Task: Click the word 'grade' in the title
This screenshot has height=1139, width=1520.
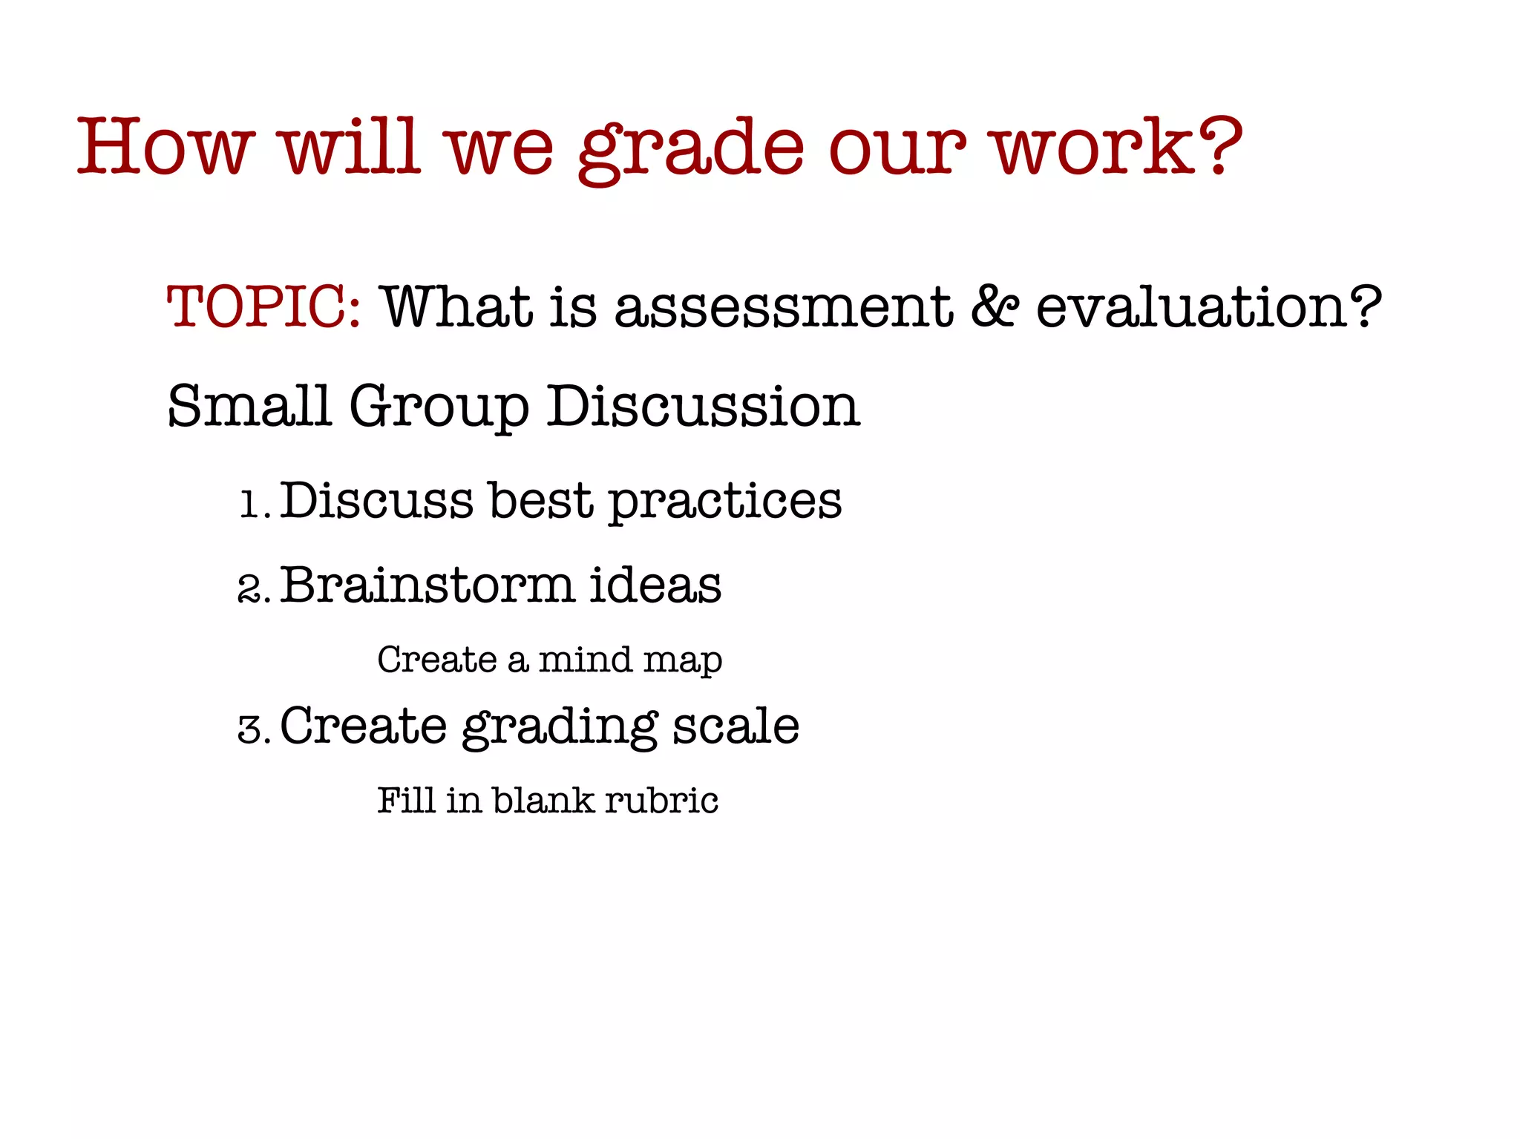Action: click(x=690, y=148)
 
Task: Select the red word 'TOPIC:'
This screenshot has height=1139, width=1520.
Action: click(x=264, y=306)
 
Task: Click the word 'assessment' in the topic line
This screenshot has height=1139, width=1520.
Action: click(x=784, y=306)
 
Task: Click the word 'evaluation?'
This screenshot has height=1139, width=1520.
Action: click(x=1208, y=306)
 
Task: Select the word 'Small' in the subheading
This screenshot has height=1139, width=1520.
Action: click(x=249, y=406)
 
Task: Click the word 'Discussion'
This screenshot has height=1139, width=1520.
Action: click(x=703, y=406)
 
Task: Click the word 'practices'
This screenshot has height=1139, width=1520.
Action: click(x=725, y=502)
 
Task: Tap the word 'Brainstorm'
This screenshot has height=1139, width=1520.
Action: click(x=427, y=585)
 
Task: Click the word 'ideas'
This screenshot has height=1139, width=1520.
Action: click(x=655, y=585)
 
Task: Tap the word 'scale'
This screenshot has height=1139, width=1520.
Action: click(x=736, y=725)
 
